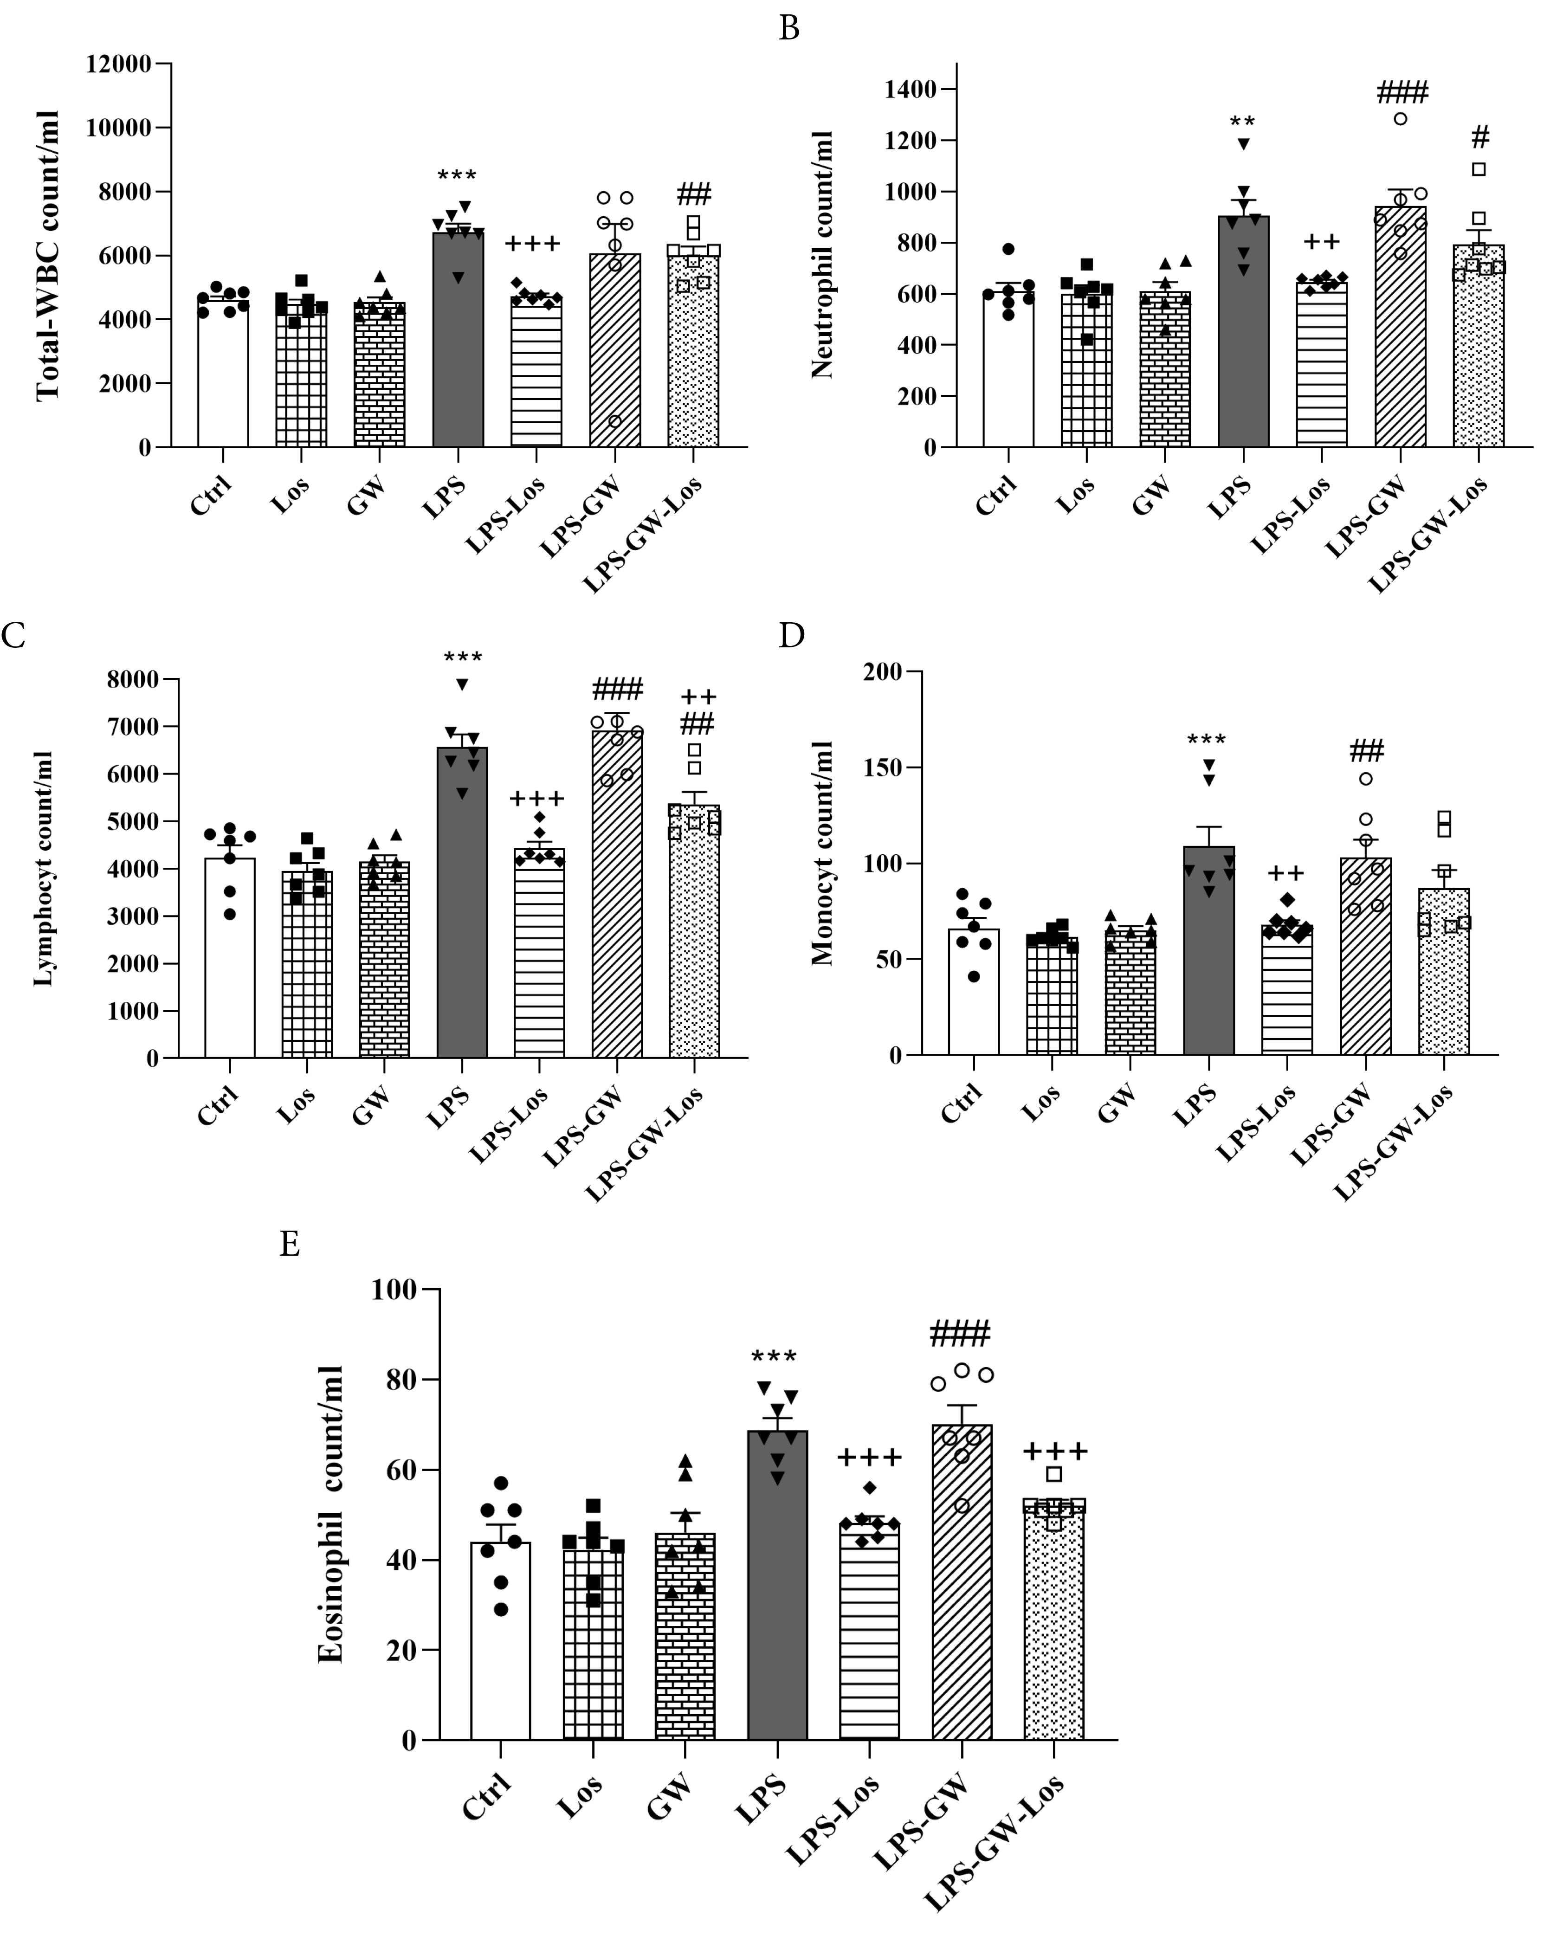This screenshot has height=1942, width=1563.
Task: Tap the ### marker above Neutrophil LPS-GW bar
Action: click(1402, 91)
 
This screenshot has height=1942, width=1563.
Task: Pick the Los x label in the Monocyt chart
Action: click(1041, 1103)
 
